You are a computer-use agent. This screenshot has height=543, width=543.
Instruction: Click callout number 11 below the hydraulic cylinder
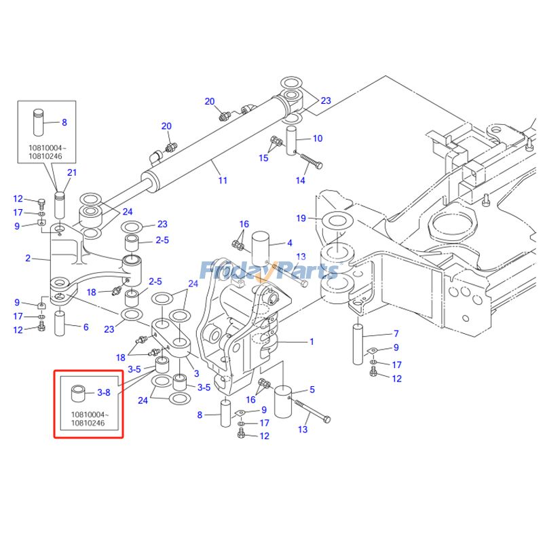223,180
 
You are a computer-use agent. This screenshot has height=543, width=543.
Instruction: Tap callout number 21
71,172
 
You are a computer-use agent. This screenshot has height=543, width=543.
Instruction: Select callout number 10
317,138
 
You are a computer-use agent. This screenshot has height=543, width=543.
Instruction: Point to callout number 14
301,181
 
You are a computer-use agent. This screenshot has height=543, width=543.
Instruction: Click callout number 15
263,158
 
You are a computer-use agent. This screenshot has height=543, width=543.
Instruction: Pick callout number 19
301,218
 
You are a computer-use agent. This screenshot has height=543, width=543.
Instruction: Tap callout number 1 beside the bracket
312,341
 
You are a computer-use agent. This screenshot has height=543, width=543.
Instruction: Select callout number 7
396,334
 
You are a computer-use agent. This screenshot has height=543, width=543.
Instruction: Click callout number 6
86,327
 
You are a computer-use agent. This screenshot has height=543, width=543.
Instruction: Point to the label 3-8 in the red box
104,392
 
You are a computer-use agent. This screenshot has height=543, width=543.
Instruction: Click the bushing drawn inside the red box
79,393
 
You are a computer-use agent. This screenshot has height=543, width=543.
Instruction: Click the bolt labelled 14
311,163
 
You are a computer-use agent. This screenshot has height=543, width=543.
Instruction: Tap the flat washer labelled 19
335,222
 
